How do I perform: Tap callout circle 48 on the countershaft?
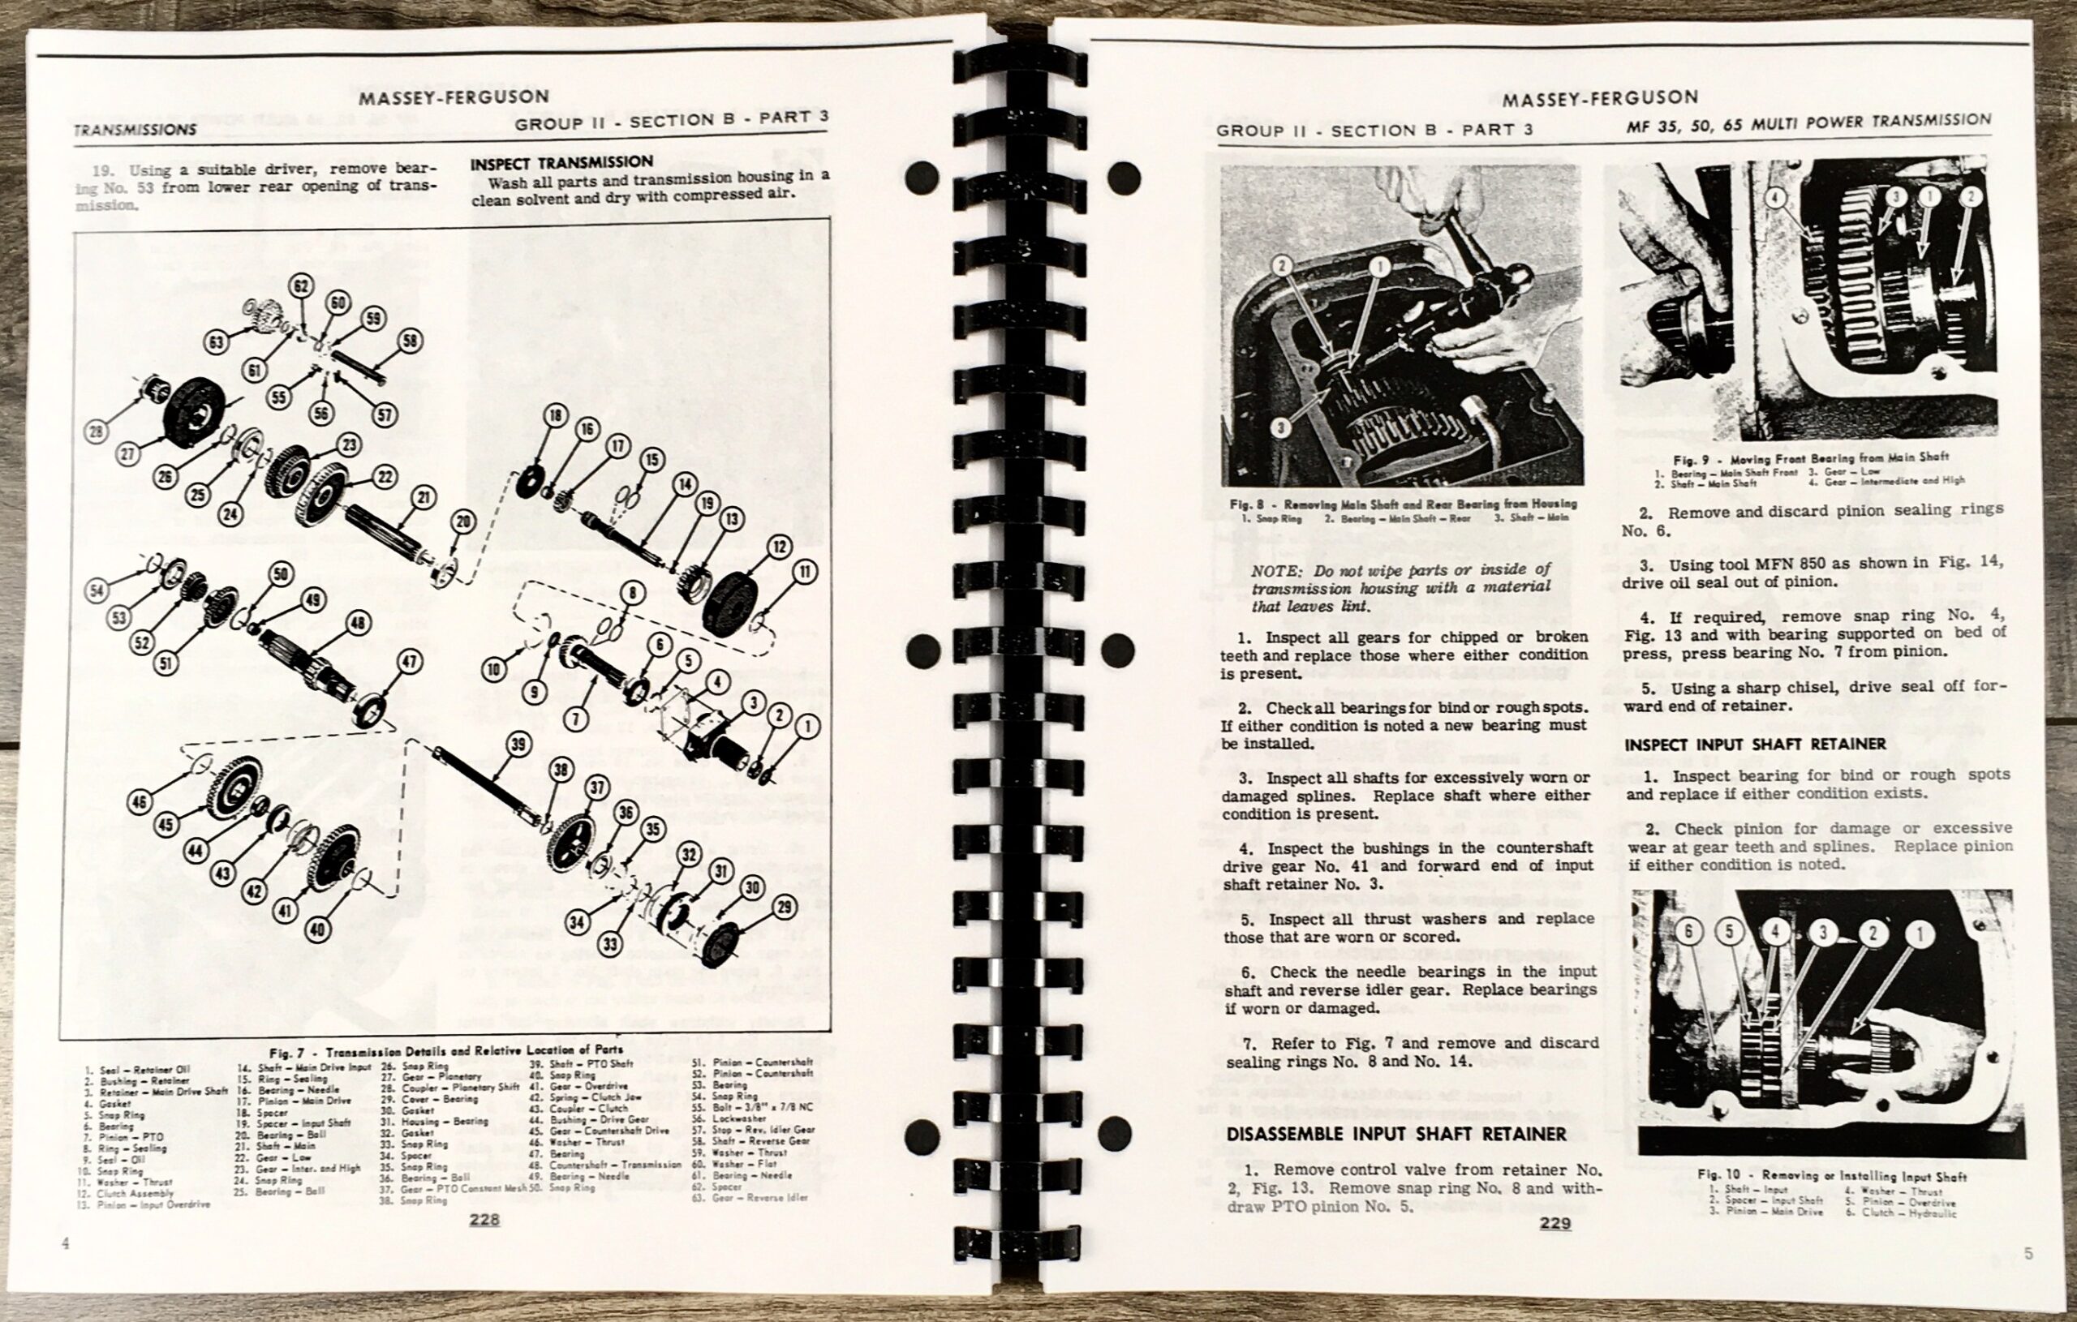(x=357, y=624)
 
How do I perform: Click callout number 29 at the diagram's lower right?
(x=785, y=907)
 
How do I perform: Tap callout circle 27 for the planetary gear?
(x=128, y=454)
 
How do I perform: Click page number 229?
(x=1555, y=1223)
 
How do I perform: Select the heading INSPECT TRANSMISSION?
(x=561, y=162)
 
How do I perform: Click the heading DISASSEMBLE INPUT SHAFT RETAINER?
(x=1395, y=1134)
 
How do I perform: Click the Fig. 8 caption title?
(x=1404, y=504)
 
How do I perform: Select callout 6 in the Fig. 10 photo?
(x=1690, y=930)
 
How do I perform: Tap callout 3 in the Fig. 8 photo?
(x=1282, y=426)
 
